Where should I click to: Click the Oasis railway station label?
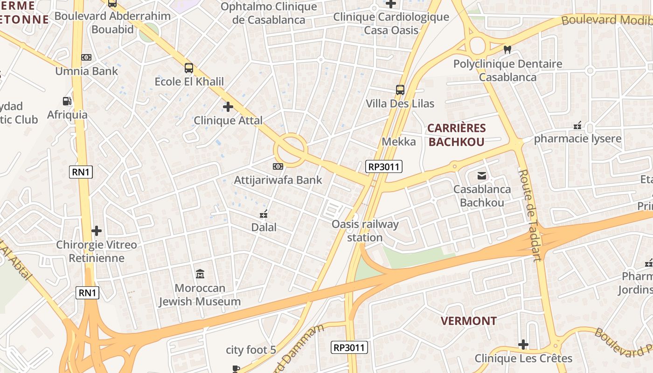click(x=365, y=231)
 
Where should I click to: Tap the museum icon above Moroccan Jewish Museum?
click(x=200, y=274)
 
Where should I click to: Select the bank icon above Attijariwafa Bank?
click(x=278, y=166)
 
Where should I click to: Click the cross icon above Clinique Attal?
click(x=228, y=107)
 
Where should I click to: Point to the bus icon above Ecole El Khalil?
click(x=188, y=68)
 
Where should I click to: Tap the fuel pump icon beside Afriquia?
click(x=67, y=101)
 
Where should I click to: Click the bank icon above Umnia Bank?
click(x=86, y=57)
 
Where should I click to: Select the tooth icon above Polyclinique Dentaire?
click(x=507, y=49)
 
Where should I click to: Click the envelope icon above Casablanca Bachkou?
click(x=481, y=176)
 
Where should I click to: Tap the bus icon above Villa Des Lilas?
click(x=400, y=90)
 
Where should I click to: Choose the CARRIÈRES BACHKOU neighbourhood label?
click(x=457, y=135)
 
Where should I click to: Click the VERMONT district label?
click(x=468, y=321)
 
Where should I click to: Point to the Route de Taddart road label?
click(x=530, y=215)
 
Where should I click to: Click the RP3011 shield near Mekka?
click(x=383, y=166)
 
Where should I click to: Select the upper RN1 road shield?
click(x=81, y=172)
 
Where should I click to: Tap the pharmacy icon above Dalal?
click(x=264, y=214)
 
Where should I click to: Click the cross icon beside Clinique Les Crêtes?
click(x=523, y=345)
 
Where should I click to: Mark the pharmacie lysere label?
click(x=577, y=138)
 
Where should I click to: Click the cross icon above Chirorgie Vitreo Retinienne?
click(x=97, y=231)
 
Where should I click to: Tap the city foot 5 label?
click(x=251, y=350)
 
